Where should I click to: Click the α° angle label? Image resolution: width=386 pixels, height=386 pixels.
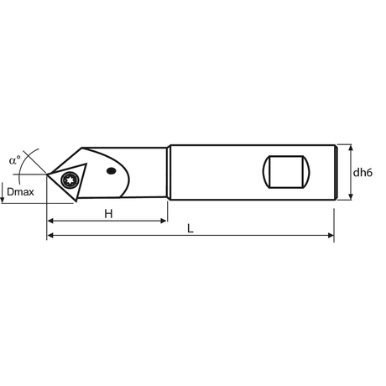pos(15,160)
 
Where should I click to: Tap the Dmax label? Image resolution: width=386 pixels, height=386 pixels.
pos(20,192)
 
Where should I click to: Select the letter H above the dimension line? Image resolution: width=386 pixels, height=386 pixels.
pos(108,214)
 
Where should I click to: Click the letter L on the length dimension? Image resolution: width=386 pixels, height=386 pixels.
pos(190,229)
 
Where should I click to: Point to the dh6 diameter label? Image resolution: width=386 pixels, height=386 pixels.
pos(363,173)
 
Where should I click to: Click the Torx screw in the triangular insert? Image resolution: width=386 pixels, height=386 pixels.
pos(69,180)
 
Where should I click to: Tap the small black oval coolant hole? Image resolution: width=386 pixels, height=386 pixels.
pos(112,170)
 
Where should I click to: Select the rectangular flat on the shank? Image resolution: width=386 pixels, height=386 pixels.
pos(286,172)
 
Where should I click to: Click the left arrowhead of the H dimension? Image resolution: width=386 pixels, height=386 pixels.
pos(50,221)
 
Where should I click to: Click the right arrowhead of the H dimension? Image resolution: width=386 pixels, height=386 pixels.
pos(164,221)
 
